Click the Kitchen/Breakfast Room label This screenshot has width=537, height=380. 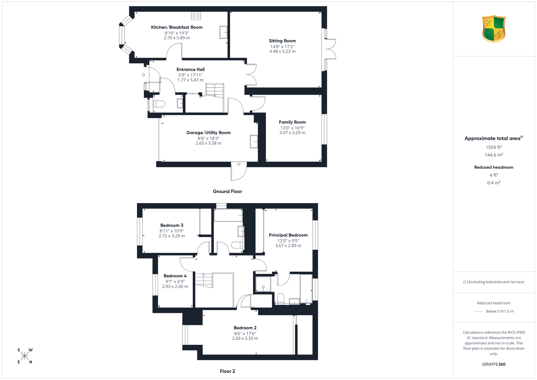click(177, 27)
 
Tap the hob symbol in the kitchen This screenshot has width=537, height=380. click(196, 16)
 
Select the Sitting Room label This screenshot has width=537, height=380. click(282, 41)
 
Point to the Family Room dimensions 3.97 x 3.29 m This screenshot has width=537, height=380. click(292, 133)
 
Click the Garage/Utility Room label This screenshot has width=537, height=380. click(208, 133)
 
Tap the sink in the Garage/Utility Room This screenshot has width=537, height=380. click(254, 142)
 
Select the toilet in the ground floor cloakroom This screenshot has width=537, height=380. click(159, 104)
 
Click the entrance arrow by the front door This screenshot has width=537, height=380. click(143, 75)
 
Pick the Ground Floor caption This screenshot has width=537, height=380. click(227, 191)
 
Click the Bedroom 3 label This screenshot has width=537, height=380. click(172, 225)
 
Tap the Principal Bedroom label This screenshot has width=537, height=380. click(288, 235)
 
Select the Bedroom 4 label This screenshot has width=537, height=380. click(175, 276)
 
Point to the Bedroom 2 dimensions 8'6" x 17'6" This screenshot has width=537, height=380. click(245, 333)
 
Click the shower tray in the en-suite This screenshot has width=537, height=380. click(263, 284)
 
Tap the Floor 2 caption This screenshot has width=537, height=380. click(227, 371)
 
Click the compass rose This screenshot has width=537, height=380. click(25, 356)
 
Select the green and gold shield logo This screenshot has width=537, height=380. click(494, 29)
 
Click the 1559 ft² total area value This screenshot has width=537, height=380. click(494, 147)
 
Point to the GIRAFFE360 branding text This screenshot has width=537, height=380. click(494, 364)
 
